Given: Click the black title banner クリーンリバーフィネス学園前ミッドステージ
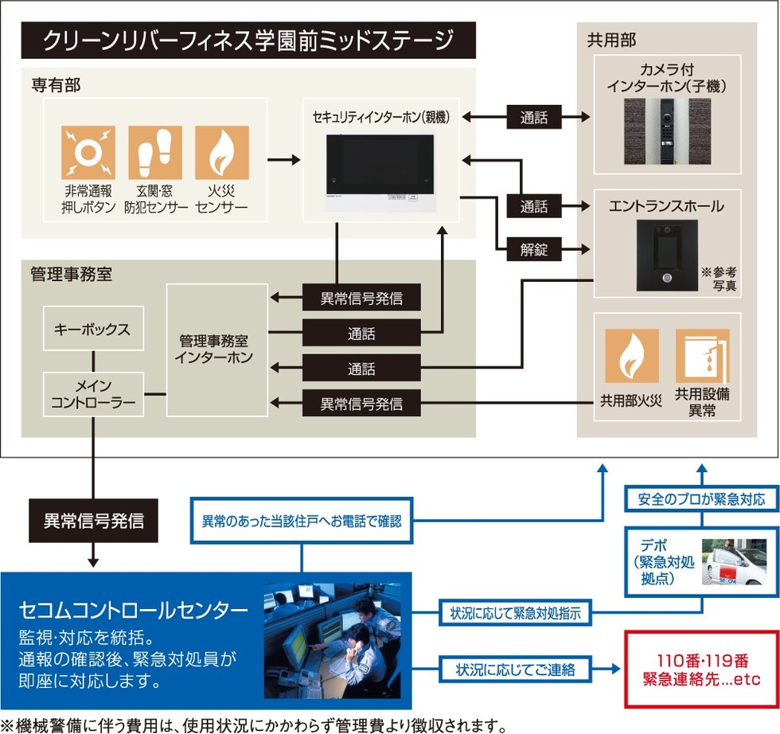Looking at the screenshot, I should pyautogui.click(x=248, y=40).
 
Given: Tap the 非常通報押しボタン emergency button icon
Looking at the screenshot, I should pyautogui.click(x=88, y=153).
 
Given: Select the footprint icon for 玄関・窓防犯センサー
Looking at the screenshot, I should pyautogui.click(x=155, y=153).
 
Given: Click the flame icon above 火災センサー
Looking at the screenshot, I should pyautogui.click(x=222, y=153).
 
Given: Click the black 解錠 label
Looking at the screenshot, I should pyautogui.click(x=534, y=250).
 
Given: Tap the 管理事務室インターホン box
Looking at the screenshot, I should pyautogui.click(x=216, y=349).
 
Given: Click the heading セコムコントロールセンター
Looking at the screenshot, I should pyautogui.click(x=134, y=611).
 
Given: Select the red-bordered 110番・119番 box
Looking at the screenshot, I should pyautogui.click(x=701, y=670).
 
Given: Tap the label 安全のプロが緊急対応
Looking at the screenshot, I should pyautogui.click(x=701, y=500).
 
